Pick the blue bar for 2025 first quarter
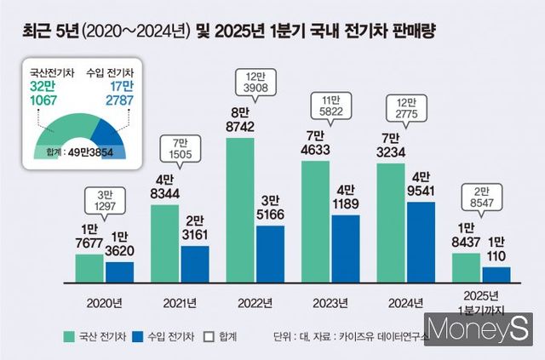tap(496, 273)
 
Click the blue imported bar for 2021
tap(195, 263)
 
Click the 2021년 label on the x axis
tap(181, 301)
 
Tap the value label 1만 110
tap(496, 246)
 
